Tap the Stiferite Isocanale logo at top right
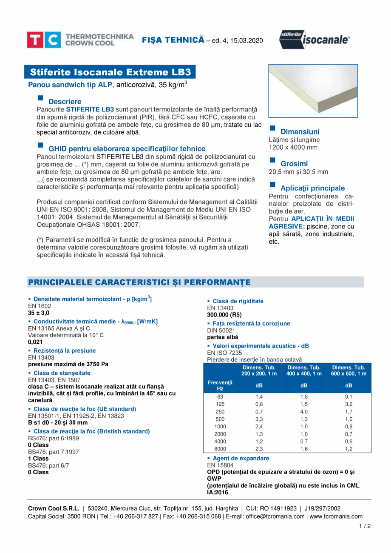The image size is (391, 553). (315, 40)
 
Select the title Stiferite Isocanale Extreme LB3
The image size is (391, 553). (110, 71)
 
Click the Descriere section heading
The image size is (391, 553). (65, 102)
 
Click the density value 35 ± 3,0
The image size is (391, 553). (39, 313)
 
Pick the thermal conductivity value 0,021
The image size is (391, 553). (35, 342)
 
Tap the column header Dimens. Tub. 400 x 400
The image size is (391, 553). (304, 370)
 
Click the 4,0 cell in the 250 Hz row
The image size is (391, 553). (304, 412)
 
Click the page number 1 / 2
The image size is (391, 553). (365, 526)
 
